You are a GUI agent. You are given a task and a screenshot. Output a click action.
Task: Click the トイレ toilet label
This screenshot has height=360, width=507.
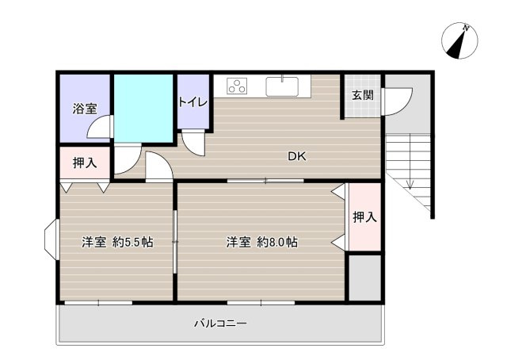click(193, 101)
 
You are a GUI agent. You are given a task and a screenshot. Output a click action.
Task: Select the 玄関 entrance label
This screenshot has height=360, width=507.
click(362, 95)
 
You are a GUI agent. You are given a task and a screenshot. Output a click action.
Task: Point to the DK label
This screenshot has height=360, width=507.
click(296, 156)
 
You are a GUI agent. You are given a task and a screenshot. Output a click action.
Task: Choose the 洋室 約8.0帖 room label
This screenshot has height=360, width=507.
click(261, 243)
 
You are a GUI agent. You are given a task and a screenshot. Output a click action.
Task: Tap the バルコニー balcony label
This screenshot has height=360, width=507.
click(221, 324)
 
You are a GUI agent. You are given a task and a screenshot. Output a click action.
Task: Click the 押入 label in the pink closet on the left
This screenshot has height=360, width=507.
click(85, 164)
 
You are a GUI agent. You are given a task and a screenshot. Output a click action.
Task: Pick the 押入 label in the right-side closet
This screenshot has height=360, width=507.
click(364, 217)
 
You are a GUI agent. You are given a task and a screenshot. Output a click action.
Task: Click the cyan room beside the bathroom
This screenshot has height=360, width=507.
click(143, 107)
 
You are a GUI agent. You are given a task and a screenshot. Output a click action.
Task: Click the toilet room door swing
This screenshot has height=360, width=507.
click(193, 142)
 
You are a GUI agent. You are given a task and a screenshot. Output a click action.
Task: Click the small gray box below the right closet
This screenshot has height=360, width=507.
click(364, 277)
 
